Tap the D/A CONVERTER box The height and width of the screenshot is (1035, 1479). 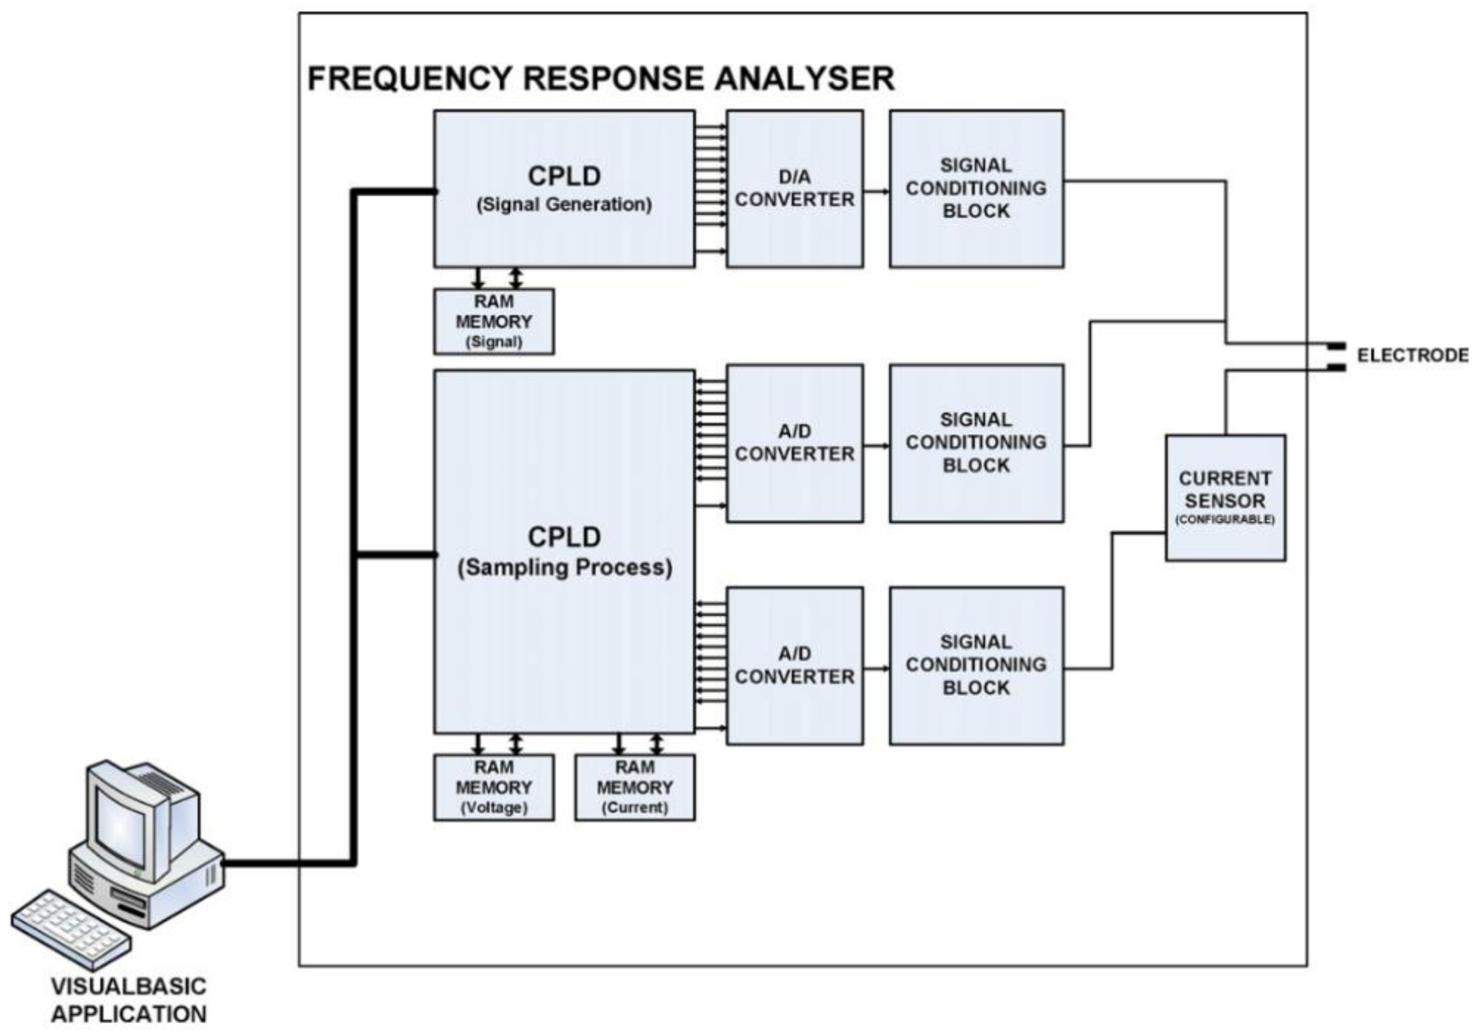coord(794,189)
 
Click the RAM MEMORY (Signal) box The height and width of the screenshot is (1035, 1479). coord(494,321)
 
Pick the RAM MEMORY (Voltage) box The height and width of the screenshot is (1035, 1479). coord(494,787)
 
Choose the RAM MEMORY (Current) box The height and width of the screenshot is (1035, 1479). coord(634,787)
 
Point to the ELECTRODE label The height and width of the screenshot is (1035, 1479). coord(1412,355)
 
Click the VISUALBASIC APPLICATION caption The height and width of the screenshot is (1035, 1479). coord(129,1000)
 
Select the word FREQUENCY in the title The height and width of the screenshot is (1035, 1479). coord(409,79)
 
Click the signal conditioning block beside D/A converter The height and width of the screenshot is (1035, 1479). coord(976,189)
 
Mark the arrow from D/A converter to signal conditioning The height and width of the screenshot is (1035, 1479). coord(876,191)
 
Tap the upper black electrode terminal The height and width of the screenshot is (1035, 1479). coord(1336,346)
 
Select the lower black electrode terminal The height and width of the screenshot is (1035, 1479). coord(1336,368)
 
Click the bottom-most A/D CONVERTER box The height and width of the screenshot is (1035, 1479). coord(794,666)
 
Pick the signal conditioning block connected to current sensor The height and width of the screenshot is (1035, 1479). coord(976,666)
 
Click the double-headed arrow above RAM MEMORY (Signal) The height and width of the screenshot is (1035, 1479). coord(516,279)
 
